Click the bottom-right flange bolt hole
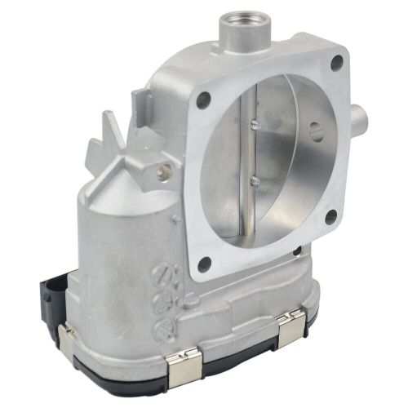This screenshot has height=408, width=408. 331,218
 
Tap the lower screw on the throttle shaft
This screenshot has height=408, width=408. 255,180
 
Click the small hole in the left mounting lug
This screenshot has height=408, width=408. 166,171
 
